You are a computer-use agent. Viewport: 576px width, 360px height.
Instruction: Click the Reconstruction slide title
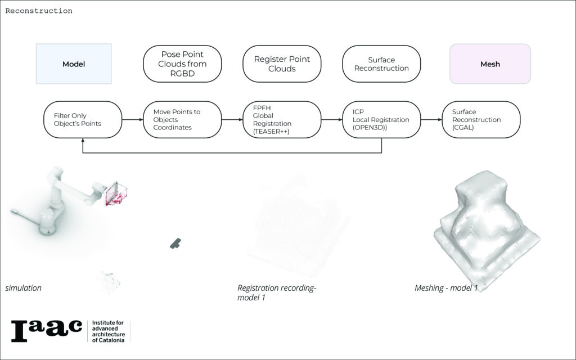pos(39,11)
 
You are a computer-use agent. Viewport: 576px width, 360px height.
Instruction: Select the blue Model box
pos(74,64)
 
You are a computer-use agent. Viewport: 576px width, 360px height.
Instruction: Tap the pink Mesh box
pos(490,64)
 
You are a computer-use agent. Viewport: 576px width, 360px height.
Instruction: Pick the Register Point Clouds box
pos(282,64)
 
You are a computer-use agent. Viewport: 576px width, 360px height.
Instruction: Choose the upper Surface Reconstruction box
pos(381,64)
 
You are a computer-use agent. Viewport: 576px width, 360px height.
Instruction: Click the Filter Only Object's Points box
pos(83,120)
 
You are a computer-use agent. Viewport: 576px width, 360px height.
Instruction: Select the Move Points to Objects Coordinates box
pos(182,120)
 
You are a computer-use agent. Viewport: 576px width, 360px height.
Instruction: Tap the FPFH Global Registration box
pos(282,120)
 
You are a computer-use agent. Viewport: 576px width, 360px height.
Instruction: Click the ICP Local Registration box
pos(381,120)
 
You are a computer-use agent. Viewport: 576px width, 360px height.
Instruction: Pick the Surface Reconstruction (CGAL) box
pos(481,120)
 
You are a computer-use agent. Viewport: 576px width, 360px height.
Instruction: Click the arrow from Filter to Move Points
pos(132,120)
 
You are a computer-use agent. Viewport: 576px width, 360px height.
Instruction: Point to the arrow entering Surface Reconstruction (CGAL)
pos(431,120)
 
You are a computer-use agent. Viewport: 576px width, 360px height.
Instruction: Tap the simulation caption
pos(24,288)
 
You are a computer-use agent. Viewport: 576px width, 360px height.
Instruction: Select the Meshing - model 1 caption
pos(446,288)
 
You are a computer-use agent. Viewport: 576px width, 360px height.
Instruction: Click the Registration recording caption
pos(277,292)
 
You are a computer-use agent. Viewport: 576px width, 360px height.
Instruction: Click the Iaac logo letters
pos(47,330)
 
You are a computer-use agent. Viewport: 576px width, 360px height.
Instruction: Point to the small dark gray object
pos(175,243)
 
